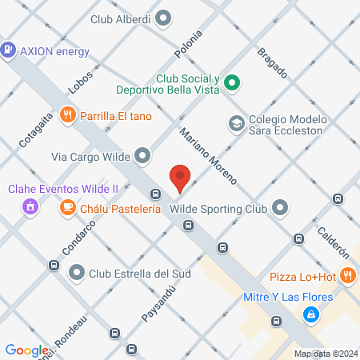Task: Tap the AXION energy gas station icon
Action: click(x=9, y=50)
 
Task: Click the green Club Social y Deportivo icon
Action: click(x=232, y=82)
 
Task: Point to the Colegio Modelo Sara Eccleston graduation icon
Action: click(x=236, y=122)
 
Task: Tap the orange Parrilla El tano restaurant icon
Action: click(x=69, y=114)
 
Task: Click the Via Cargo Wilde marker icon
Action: click(x=142, y=154)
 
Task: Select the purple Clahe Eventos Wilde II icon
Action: click(x=30, y=207)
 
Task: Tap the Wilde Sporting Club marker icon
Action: click(x=280, y=208)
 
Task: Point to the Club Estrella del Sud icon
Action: click(x=77, y=273)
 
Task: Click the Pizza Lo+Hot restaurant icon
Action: click(x=347, y=276)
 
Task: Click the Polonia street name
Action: click(x=183, y=45)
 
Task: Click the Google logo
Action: click(x=26, y=350)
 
